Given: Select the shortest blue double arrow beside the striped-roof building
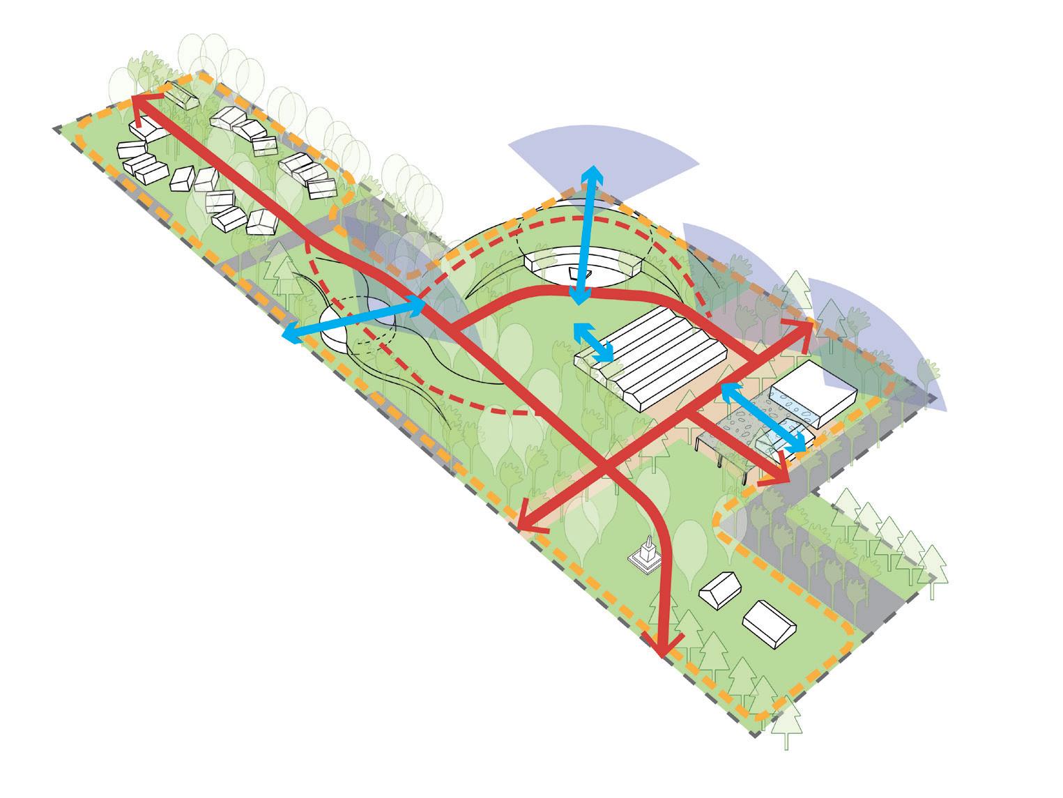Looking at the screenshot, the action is pyautogui.click(x=593, y=342).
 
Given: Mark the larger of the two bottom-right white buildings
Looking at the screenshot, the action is pyautogui.click(x=770, y=622).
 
